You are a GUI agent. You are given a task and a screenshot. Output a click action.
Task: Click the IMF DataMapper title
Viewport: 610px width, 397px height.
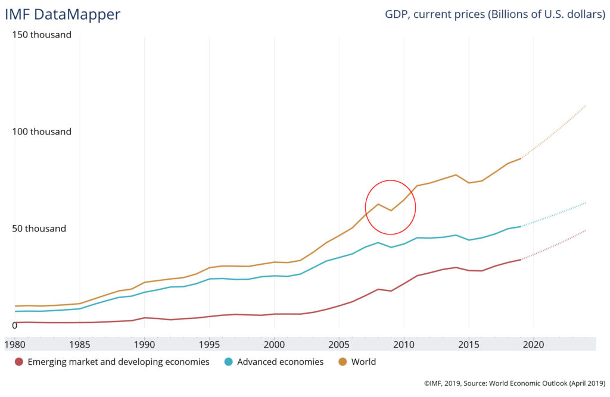coord(63,14)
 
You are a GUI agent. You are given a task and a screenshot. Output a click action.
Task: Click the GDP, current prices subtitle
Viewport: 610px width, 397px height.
coord(495,14)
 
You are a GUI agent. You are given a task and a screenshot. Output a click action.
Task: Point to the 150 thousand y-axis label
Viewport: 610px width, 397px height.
coord(42,35)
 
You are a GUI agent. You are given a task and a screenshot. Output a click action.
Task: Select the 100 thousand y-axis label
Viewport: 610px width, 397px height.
coord(42,132)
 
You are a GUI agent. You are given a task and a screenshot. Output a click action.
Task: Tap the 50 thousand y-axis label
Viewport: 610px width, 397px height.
coord(39,229)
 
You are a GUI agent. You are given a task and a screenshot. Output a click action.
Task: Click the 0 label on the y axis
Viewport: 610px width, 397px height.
coord(15,325)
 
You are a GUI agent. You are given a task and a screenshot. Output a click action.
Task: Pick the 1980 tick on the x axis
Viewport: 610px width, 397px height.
coord(15,344)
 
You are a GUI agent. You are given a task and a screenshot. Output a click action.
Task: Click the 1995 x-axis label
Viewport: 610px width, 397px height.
coord(209,344)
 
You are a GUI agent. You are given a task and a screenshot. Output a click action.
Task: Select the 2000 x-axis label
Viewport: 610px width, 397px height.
coord(274,344)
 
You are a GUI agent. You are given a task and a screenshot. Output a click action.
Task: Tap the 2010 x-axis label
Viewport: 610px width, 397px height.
coord(403,344)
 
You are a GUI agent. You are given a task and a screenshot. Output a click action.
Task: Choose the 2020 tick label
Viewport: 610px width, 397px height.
coord(533,344)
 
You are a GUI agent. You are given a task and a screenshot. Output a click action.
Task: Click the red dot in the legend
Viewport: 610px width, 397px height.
coord(19,361)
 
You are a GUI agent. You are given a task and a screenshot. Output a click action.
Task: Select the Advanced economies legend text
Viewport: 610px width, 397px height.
coord(280,361)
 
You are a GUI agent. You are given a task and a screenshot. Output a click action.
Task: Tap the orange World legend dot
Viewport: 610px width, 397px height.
coord(343,361)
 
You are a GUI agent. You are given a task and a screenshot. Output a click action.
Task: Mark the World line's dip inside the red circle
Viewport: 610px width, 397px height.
coord(391,211)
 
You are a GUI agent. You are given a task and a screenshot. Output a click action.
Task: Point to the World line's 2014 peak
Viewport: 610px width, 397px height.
coord(456,174)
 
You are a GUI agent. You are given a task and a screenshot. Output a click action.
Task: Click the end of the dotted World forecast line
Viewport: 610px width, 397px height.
coord(586,105)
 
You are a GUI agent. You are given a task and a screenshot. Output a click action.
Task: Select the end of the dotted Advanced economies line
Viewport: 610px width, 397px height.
coord(586,203)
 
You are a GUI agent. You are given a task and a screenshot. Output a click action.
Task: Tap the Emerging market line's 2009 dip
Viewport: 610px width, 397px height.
coord(391,291)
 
